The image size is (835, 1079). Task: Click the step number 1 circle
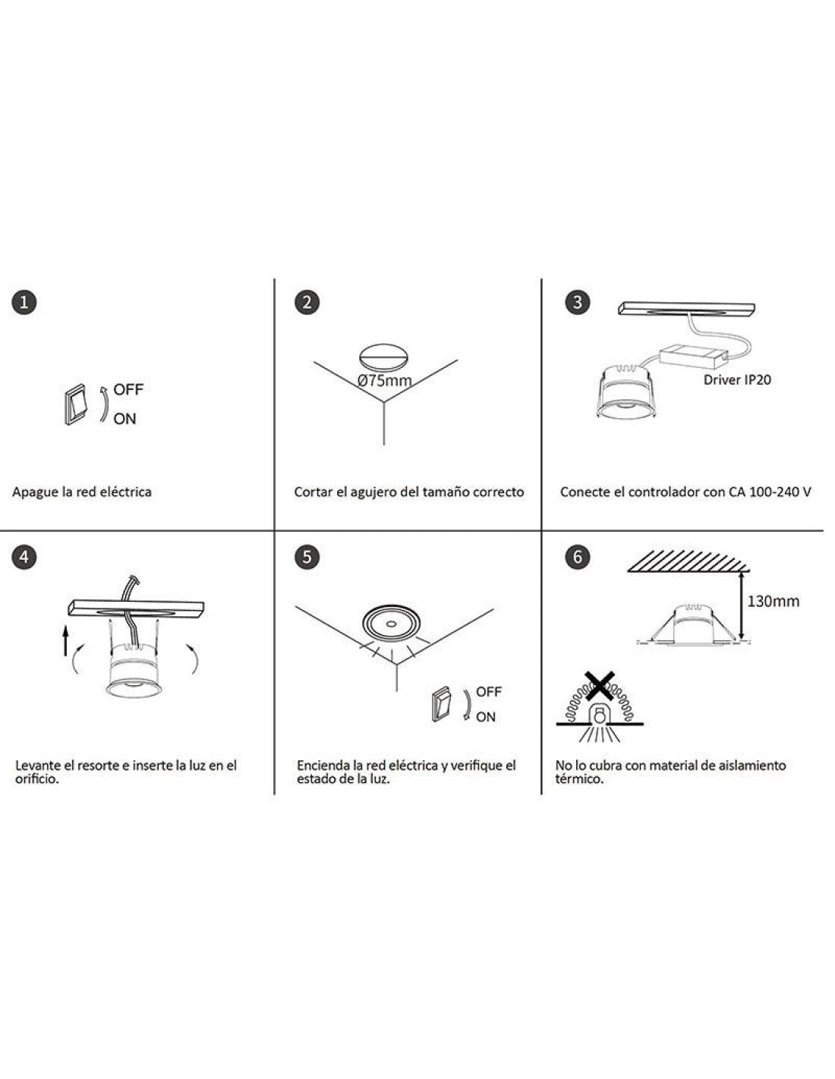coord(24,302)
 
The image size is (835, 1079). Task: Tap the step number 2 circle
coord(307,302)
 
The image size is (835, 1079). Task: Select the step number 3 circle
coord(577,302)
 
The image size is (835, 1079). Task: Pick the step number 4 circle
coord(24,556)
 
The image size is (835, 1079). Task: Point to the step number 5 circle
coord(307,556)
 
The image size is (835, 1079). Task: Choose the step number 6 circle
coord(577,556)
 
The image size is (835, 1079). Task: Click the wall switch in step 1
coord(75,404)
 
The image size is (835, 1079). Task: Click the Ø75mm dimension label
coord(384,381)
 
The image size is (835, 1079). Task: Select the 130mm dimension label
coord(774,601)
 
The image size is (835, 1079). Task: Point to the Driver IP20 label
coord(737,380)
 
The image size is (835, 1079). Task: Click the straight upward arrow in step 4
coord(65,640)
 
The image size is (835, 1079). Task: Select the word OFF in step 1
coord(128,389)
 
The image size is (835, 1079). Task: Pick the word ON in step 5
coord(486,717)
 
